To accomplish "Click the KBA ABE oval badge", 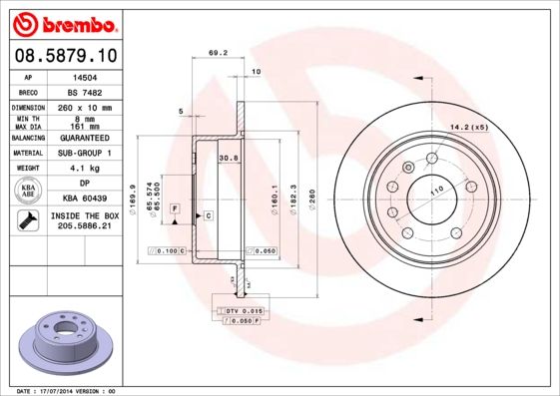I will pos(29,191).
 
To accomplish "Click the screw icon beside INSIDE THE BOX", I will pos(28,220).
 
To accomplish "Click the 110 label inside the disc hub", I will pos(435,190).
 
